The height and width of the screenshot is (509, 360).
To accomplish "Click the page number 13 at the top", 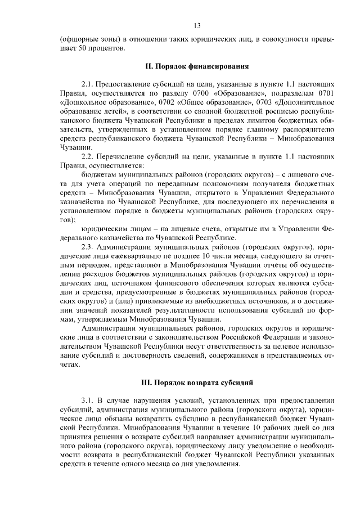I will point(197,25).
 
